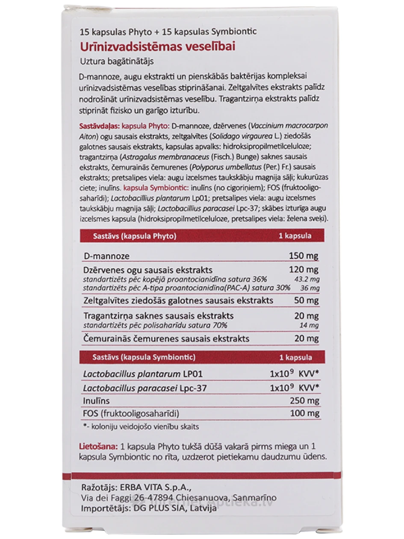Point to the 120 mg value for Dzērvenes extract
[x=303, y=270]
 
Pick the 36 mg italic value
[x=310, y=288]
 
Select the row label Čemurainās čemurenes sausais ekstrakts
[x=167, y=339]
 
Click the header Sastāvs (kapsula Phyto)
[x=135, y=236]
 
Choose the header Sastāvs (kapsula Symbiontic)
[x=144, y=357]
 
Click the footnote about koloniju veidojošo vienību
[x=141, y=426]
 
